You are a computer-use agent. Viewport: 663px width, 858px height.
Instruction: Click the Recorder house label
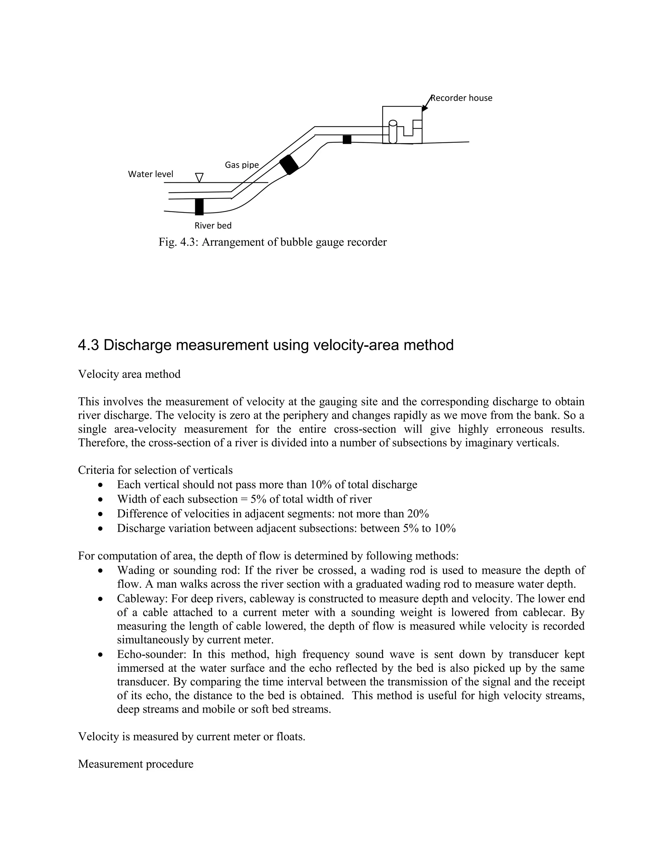462,98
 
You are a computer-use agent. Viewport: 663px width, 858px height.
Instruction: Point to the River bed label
213,225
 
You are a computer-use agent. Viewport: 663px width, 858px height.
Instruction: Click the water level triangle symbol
199,177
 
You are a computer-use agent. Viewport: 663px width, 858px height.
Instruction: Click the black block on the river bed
199,207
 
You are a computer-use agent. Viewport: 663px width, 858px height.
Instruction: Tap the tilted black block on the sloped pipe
289,164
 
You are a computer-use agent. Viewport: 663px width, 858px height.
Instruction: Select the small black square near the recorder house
347,140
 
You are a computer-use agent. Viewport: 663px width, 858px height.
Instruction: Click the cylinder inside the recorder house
393,132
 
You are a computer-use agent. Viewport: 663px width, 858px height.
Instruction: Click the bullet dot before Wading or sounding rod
101,570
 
